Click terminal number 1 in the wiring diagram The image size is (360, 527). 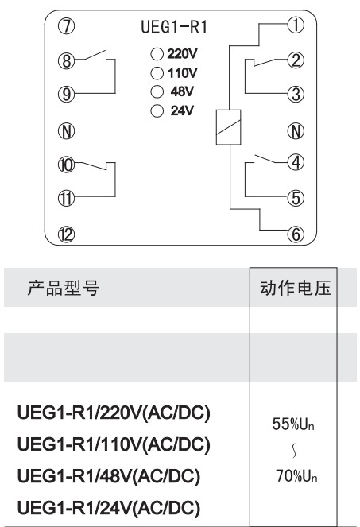point(296,25)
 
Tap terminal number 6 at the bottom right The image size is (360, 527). point(296,234)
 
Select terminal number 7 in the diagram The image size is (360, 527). point(66,26)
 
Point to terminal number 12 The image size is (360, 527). point(66,234)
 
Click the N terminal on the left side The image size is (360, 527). point(66,130)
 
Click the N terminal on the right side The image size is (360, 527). point(296,130)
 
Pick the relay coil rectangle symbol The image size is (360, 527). point(228,127)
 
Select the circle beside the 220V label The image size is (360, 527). point(157,54)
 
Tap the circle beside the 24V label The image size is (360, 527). point(157,111)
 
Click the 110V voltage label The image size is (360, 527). point(182,72)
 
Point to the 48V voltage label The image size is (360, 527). point(182,91)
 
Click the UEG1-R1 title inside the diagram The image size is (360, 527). point(174,27)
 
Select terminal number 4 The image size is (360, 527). point(296,162)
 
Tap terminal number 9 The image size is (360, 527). point(66,94)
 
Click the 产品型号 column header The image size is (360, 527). point(64,288)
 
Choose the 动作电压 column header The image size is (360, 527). point(295,288)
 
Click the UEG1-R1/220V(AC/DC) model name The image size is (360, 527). point(114,413)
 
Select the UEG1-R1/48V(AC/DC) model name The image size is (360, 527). point(109,477)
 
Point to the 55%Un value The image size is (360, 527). point(293,424)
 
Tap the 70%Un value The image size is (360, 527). point(296,476)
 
